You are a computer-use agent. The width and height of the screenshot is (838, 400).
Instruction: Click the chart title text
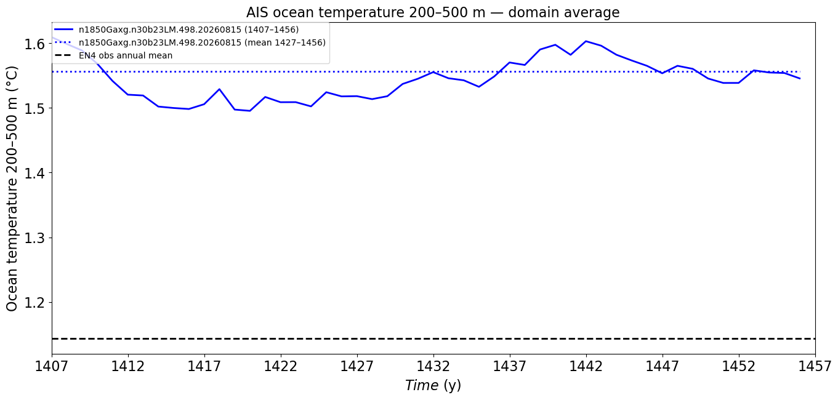[x=433, y=13]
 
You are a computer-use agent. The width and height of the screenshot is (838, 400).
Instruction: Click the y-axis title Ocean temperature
[x=12, y=189]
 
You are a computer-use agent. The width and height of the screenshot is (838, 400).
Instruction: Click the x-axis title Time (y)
[x=433, y=385]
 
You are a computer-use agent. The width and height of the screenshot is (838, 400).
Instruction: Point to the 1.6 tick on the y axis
[x=34, y=44]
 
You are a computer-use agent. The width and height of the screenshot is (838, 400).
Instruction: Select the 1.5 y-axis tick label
[x=34, y=109]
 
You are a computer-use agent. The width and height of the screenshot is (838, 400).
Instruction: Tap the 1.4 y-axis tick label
[x=34, y=174]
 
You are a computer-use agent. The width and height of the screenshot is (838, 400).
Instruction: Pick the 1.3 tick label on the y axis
[x=34, y=238]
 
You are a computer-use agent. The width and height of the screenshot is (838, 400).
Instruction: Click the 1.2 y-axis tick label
[x=34, y=303]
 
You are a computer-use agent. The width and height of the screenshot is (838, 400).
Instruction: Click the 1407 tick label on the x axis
[x=52, y=366]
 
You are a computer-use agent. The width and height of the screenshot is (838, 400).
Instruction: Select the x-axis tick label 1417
[x=204, y=366]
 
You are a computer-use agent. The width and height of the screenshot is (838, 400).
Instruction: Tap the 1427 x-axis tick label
[x=357, y=366]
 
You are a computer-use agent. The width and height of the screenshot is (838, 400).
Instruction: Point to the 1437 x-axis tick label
[x=510, y=366]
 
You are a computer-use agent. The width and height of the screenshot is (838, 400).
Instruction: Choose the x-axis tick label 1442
[x=586, y=366]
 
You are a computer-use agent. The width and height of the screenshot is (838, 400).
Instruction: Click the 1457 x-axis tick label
[x=815, y=366]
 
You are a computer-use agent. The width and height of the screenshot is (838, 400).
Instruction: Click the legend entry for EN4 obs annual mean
[x=114, y=56]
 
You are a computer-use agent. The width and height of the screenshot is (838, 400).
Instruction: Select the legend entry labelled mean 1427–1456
[x=190, y=42]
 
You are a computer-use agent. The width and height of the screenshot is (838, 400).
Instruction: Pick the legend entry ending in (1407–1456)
[x=177, y=30]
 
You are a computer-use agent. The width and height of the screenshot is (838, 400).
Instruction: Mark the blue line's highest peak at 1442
[x=586, y=41]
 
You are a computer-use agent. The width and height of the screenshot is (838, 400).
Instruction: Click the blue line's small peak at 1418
[x=220, y=89]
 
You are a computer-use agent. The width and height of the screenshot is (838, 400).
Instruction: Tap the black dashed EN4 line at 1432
[x=433, y=338]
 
